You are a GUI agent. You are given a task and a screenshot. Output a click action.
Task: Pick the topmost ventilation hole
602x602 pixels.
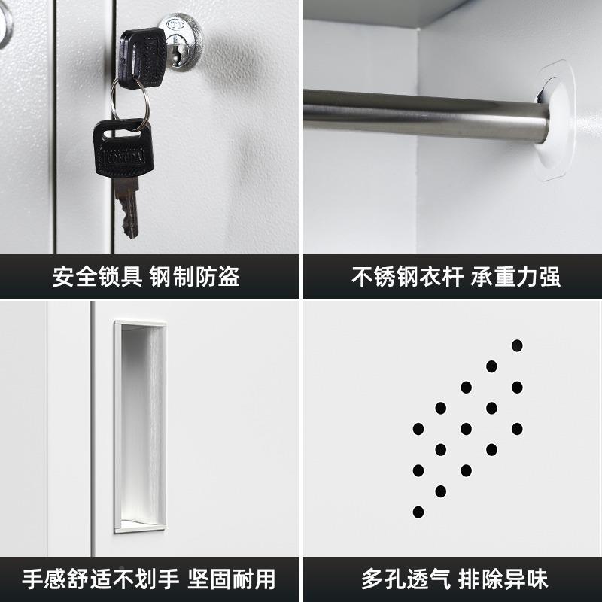click(517, 346)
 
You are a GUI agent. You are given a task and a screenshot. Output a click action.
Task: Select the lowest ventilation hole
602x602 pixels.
click(418, 512)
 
